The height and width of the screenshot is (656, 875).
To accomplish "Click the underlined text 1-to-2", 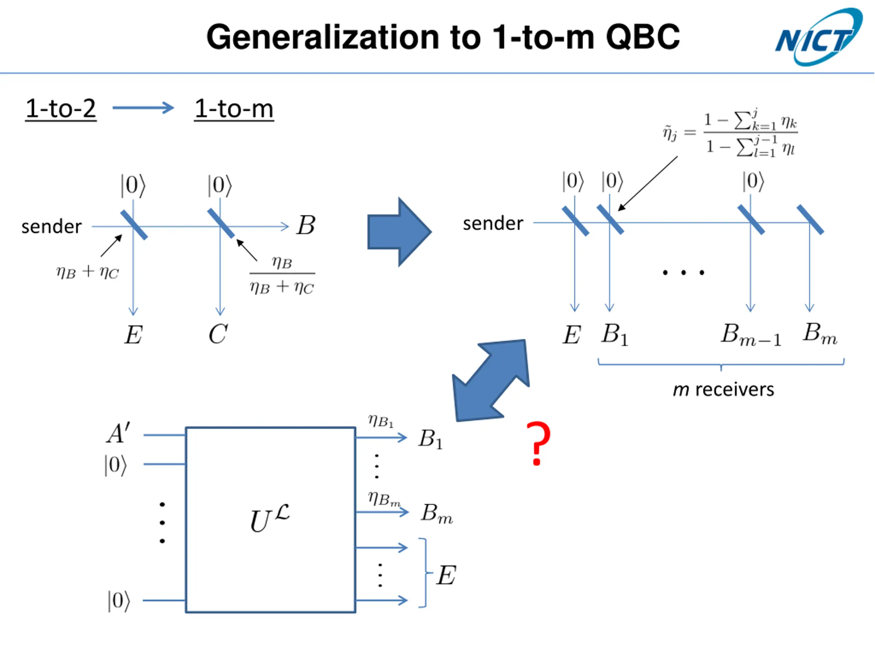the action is point(60,109).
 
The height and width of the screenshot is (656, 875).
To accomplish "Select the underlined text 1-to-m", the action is point(234,109).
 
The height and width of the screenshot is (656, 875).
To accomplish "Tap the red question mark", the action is point(538,443).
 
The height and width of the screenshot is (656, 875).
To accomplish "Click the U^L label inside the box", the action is point(269,518).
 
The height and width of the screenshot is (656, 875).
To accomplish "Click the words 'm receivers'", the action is point(723,390).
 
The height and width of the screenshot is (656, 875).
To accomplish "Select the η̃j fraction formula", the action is point(730,133).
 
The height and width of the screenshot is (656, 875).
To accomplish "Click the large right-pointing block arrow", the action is point(399,232).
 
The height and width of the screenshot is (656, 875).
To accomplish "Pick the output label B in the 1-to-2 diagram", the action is point(306,225).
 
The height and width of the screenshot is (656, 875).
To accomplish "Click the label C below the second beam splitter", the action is point(218,334).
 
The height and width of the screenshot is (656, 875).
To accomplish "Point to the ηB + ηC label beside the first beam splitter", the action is point(87,272).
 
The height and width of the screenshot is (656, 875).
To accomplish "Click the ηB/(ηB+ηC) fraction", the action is point(282,275).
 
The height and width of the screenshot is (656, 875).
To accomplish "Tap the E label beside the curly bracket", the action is point(446,575).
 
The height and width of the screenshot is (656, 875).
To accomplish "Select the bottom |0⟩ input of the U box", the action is point(119,601).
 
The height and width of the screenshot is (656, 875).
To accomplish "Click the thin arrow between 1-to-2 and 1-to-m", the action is point(143,108).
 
